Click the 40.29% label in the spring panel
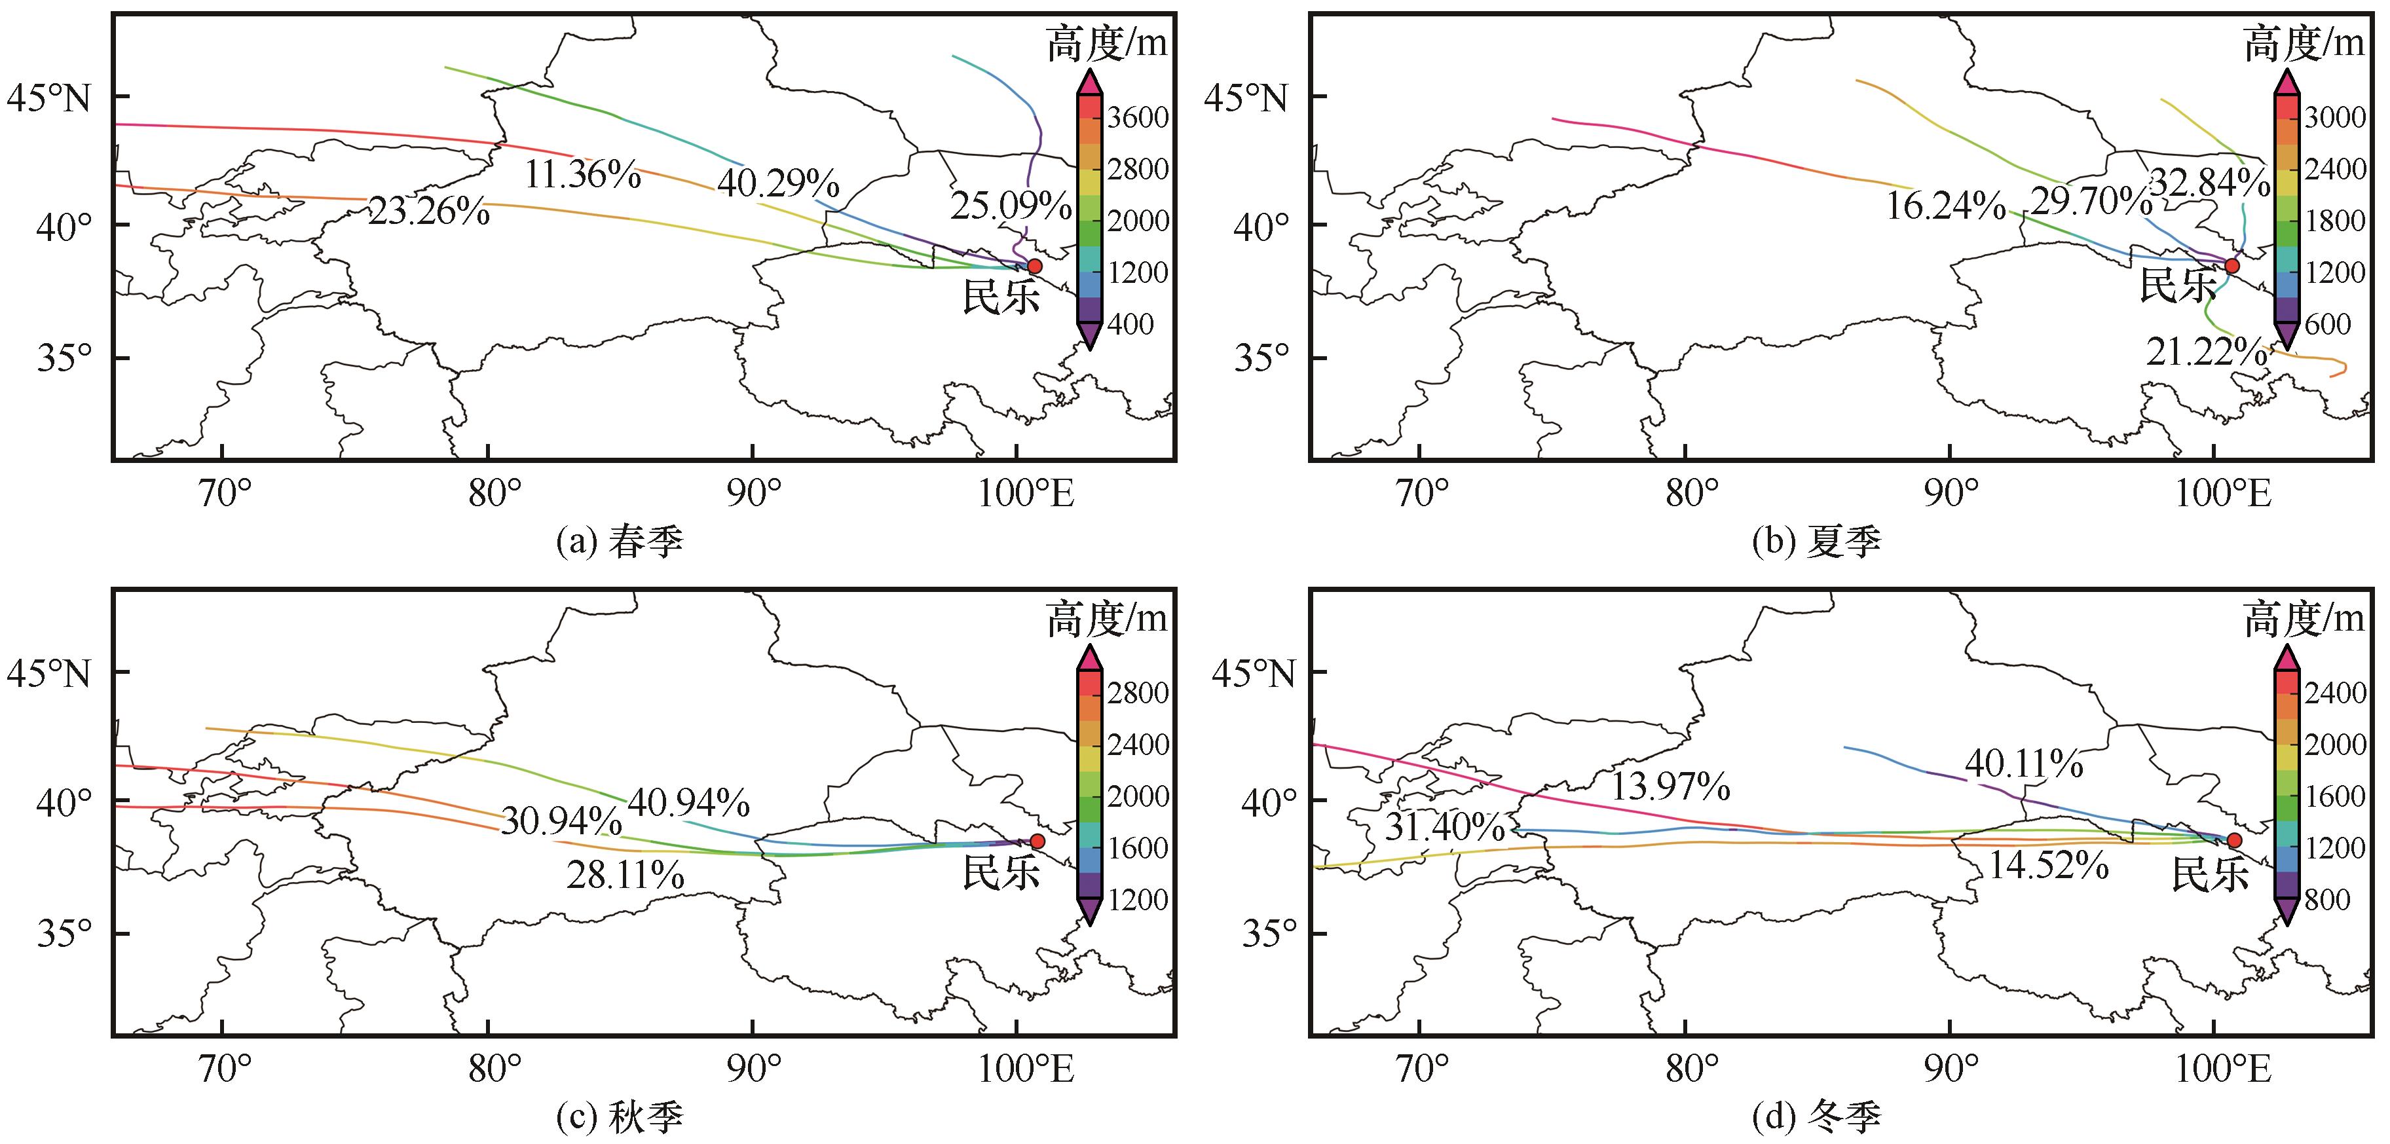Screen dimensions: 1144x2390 (x=778, y=184)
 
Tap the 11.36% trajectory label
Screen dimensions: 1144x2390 (x=583, y=174)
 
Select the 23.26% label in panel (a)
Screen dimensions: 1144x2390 (x=428, y=212)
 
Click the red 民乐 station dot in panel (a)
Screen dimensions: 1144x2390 (x=1034, y=267)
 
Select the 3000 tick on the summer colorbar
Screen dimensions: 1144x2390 (x=2334, y=117)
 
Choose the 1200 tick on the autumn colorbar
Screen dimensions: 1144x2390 (x=1138, y=899)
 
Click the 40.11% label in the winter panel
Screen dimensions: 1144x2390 (x=2023, y=764)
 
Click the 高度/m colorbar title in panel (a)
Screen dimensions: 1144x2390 (x=1106, y=45)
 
